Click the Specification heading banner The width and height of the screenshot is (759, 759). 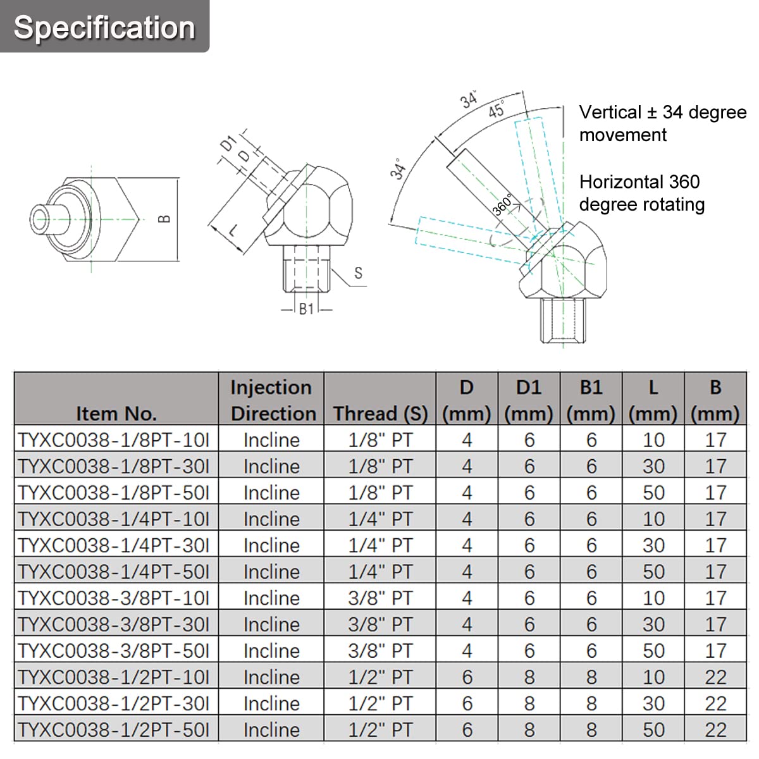(104, 27)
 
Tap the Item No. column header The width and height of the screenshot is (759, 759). (116, 413)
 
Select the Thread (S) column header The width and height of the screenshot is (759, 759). (380, 413)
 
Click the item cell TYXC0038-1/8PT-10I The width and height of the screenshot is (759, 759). (114, 440)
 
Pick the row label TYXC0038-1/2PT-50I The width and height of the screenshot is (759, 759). (114, 729)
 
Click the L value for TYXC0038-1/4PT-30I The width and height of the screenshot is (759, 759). (653, 545)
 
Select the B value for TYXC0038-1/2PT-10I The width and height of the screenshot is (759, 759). (715, 677)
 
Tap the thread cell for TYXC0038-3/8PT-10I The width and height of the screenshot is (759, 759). (380, 598)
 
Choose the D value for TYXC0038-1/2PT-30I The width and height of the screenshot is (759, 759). (467, 703)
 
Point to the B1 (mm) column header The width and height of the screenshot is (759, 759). (591, 400)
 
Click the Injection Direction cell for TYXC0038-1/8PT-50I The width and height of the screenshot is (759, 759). (271, 493)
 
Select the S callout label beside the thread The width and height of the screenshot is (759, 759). (358, 273)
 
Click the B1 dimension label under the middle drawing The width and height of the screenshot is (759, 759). (307, 309)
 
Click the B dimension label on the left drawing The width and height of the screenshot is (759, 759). (164, 219)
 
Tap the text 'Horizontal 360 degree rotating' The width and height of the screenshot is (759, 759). (641, 193)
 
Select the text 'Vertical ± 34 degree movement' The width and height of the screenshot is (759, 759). (662, 123)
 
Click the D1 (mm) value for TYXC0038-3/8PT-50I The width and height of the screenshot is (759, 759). (529, 650)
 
